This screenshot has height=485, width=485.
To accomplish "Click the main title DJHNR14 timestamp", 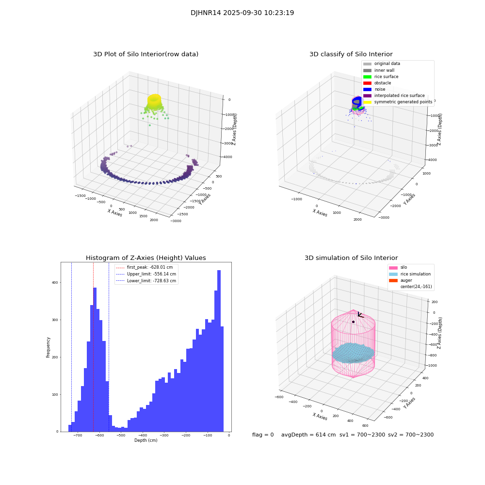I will [x=242, y=13].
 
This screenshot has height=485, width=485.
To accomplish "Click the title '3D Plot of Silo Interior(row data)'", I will [x=145, y=54].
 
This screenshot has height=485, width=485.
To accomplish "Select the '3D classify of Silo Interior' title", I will [x=351, y=54].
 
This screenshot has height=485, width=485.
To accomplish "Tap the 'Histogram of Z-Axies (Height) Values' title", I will [x=145, y=258].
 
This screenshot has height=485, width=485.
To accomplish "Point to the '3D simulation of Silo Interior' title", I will [x=351, y=258].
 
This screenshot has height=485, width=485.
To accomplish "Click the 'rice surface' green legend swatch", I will [x=367, y=77].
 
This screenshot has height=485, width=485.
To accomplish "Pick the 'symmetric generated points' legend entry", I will [x=403, y=102].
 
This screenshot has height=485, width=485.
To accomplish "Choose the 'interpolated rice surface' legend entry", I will [x=399, y=96].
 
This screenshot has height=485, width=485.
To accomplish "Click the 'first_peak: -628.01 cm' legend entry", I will [x=149, y=267].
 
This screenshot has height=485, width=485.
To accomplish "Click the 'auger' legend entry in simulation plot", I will [x=406, y=280].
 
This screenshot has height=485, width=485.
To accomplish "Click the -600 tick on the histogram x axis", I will [x=99, y=436].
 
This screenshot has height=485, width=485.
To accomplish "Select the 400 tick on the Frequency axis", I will [x=54, y=282].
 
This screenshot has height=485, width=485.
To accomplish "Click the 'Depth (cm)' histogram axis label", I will [x=145, y=440].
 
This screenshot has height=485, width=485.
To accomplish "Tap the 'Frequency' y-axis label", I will [x=48, y=347].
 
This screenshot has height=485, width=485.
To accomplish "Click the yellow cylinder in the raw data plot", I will [x=154, y=101].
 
